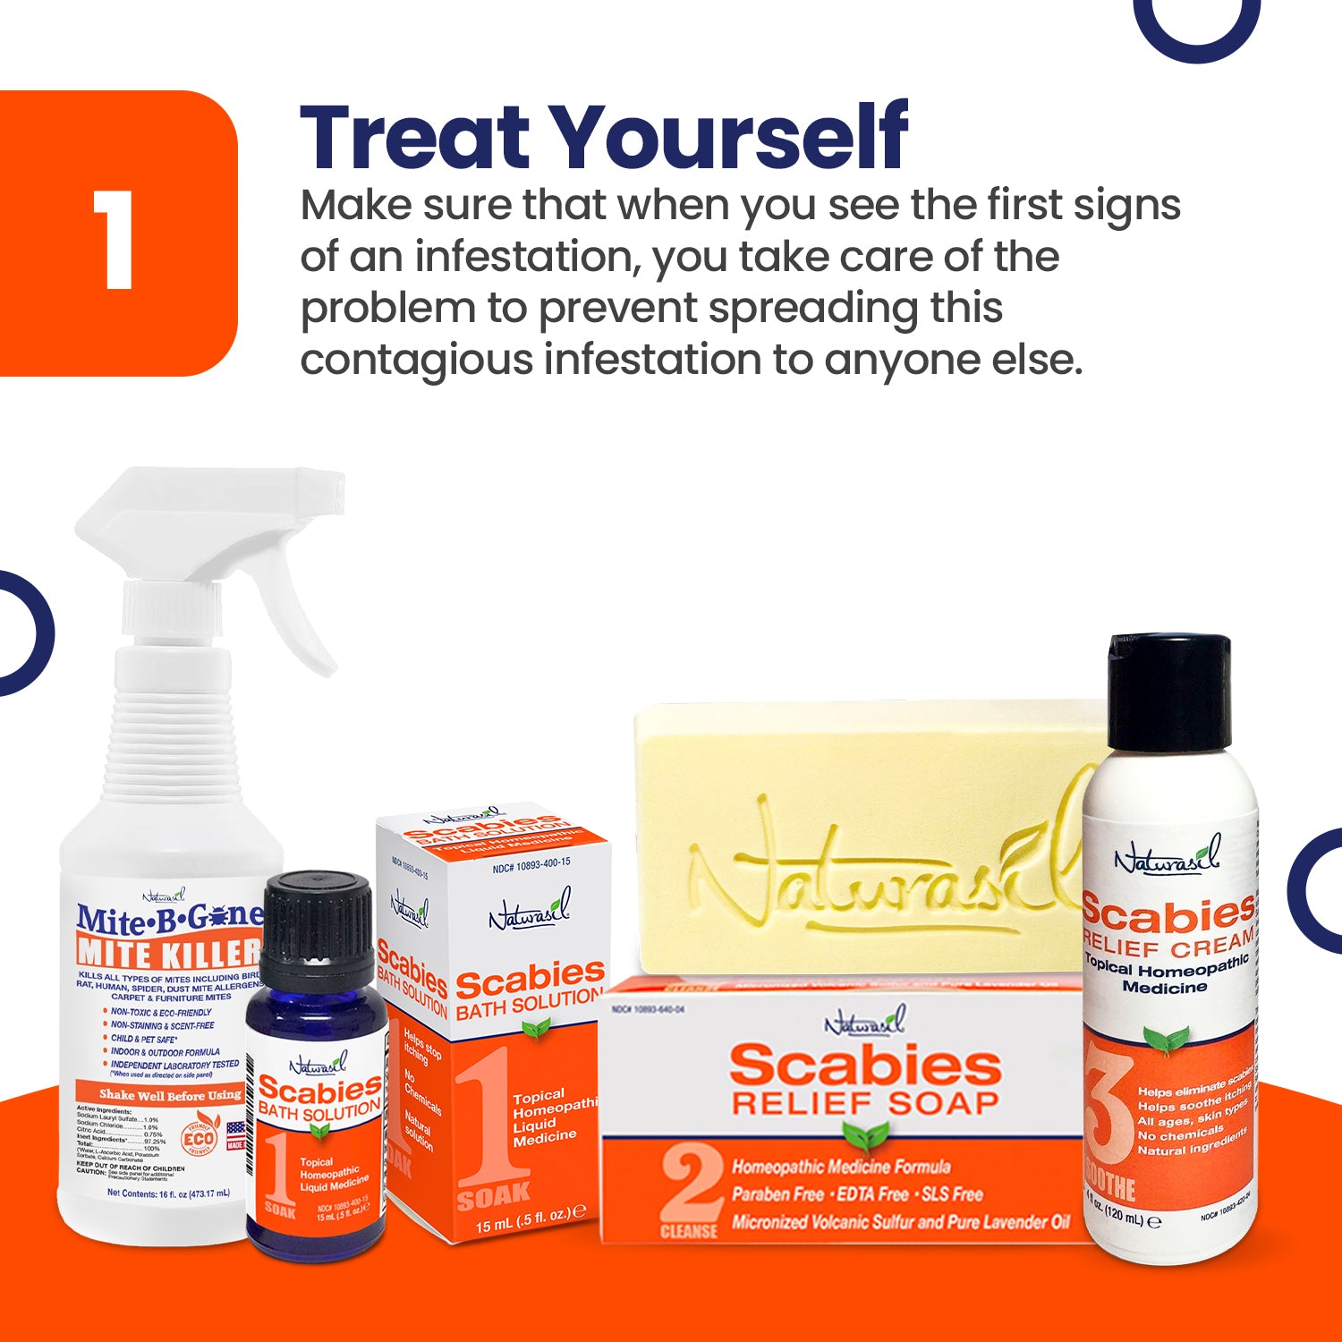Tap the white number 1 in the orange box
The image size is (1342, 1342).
click(114, 240)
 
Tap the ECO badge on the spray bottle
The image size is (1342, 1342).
click(198, 1138)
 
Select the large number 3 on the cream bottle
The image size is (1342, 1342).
click(1108, 1109)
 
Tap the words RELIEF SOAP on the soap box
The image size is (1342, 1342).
click(864, 1103)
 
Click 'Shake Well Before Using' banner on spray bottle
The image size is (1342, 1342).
click(170, 1094)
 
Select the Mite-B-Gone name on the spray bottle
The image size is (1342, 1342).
click(170, 917)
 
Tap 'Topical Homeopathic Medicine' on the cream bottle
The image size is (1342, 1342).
click(1166, 975)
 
